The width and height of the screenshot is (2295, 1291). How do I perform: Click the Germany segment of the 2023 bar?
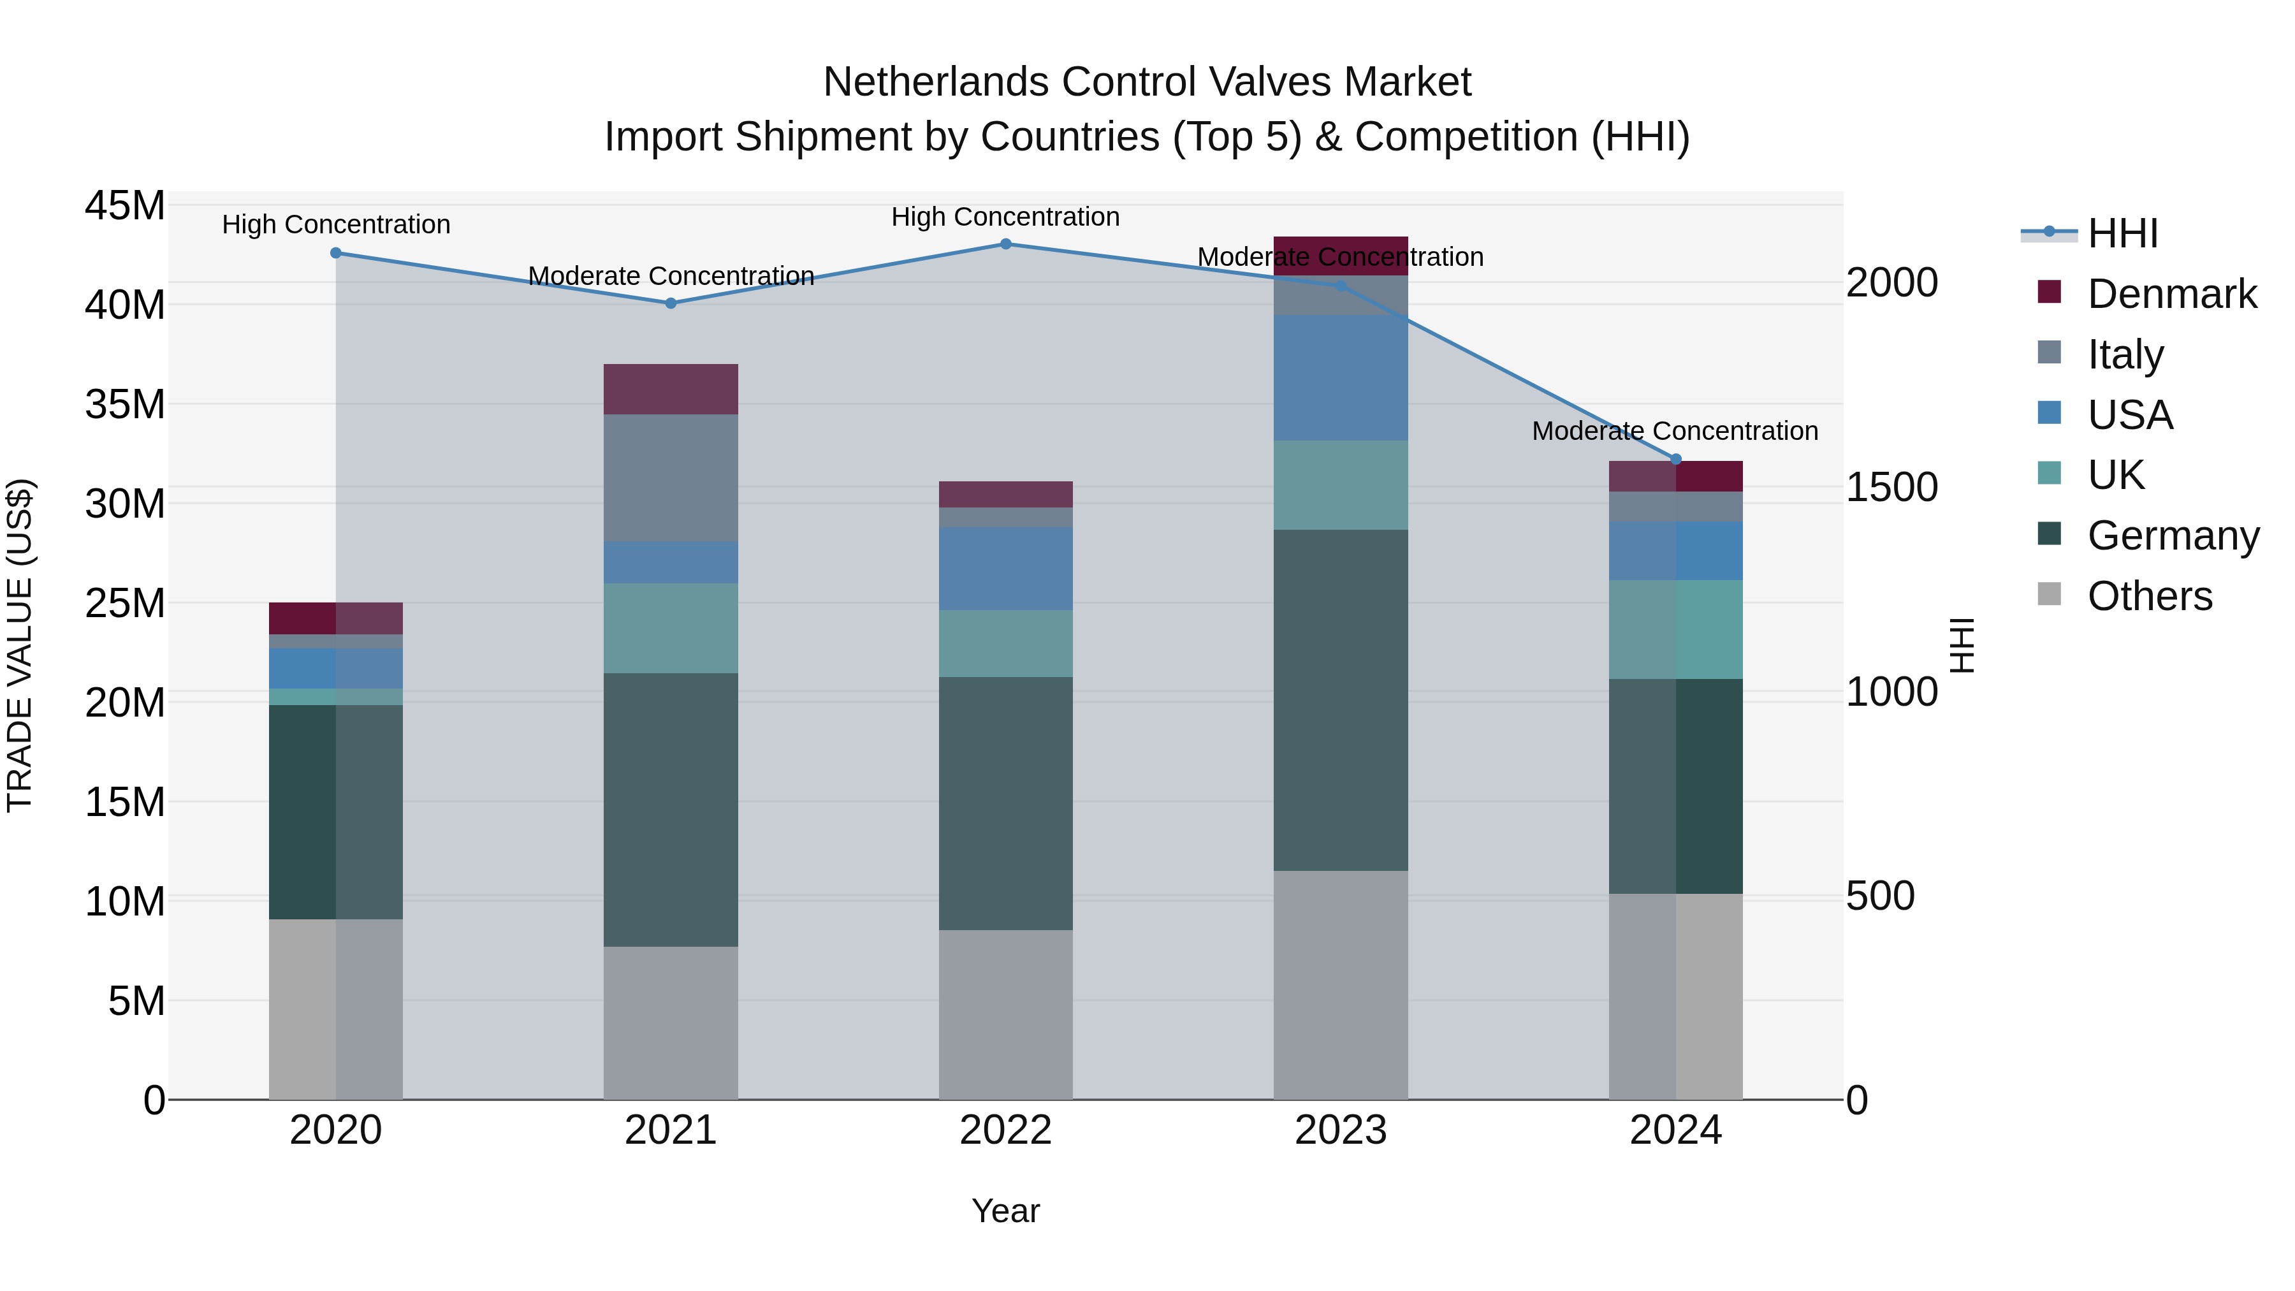[x=1340, y=699]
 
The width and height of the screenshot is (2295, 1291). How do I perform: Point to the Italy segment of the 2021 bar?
[x=670, y=478]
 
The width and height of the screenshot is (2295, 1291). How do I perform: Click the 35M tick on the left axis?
[x=125, y=404]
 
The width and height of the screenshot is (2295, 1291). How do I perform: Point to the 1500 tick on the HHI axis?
[x=1891, y=486]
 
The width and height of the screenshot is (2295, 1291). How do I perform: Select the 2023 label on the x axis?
[x=1340, y=1130]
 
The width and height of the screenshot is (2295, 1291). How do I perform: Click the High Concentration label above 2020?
[x=336, y=224]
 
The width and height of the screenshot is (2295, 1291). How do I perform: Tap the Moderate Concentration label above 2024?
[x=1674, y=431]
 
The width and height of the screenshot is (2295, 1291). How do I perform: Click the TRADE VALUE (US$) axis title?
[x=20, y=645]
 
